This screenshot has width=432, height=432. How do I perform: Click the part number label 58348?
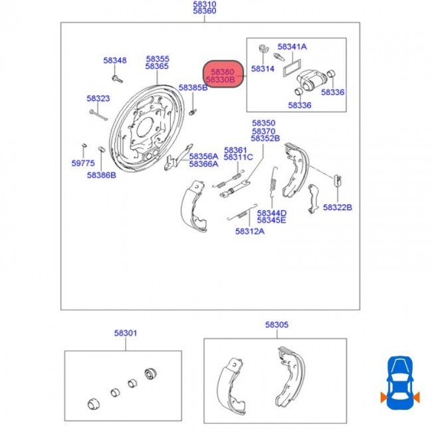click(114, 60)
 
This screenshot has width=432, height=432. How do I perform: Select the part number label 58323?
click(98, 98)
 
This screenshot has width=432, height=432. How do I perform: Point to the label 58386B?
click(101, 175)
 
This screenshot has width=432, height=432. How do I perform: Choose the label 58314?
click(263, 69)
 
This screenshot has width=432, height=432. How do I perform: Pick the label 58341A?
click(292, 47)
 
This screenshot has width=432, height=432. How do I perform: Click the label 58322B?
click(338, 207)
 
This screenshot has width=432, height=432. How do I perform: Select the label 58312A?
click(249, 231)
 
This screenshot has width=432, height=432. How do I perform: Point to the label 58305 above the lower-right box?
click(276, 325)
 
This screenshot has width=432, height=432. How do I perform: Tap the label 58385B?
click(193, 88)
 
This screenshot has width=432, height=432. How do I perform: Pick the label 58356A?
click(203, 156)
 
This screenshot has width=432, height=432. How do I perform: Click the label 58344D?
click(271, 212)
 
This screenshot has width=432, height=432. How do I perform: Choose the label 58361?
click(235, 150)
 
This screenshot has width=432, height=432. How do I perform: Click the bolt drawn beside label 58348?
click(118, 78)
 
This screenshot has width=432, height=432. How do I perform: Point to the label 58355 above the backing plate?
click(158, 58)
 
